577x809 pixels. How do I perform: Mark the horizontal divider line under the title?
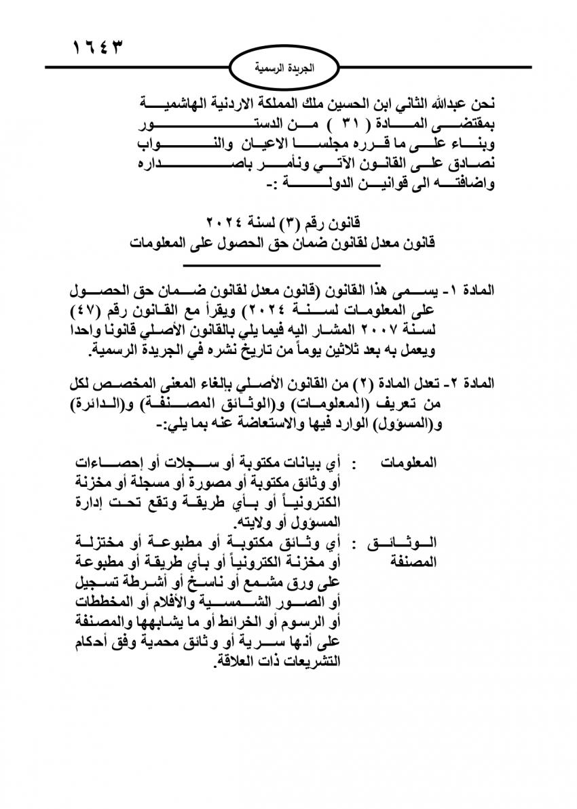pyautogui.click(x=291, y=264)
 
